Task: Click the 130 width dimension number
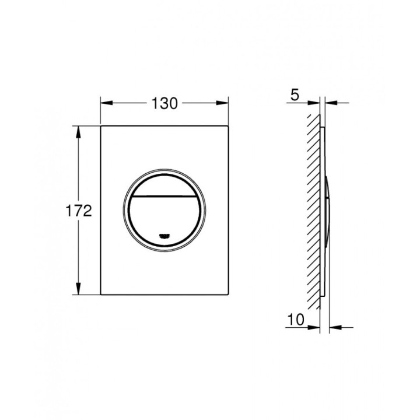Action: (x=164, y=103)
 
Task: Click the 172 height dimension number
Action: (x=79, y=211)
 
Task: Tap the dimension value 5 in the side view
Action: (x=295, y=95)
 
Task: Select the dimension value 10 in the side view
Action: (x=296, y=319)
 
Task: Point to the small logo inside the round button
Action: (x=164, y=236)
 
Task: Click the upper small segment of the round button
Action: (x=164, y=185)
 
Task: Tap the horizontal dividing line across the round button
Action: (x=164, y=197)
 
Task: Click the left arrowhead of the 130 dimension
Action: (x=106, y=103)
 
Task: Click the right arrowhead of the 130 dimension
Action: (x=222, y=103)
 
